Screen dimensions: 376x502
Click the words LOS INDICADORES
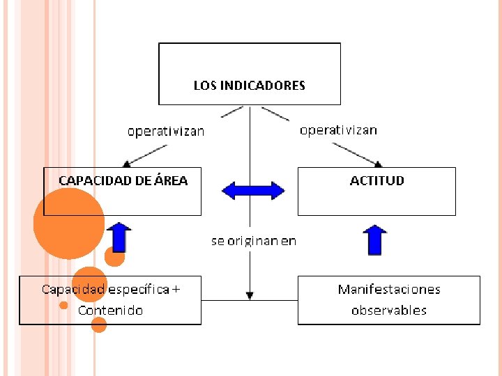coord(249,86)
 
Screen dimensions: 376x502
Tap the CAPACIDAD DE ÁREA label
coord(123,180)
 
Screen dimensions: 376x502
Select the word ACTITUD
coord(376,180)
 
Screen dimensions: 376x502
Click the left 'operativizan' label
coord(166,131)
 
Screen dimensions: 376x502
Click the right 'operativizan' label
coord(338,130)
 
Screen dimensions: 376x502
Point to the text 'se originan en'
coord(254,241)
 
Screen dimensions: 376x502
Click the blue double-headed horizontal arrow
coord(253,190)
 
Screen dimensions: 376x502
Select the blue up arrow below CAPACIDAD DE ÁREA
coord(120,237)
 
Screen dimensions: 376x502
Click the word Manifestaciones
coord(389,289)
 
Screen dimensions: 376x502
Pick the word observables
coord(389,310)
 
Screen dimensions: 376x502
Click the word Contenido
coord(110,310)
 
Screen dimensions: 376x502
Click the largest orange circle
coord(68,224)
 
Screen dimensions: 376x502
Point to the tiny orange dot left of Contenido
coord(63,305)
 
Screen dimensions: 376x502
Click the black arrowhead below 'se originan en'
coord(250,296)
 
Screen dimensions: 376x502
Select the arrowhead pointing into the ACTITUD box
coord(379,164)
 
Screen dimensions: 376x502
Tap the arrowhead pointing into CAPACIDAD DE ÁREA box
coord(127,164)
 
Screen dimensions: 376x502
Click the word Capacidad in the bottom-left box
coord(73,289)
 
